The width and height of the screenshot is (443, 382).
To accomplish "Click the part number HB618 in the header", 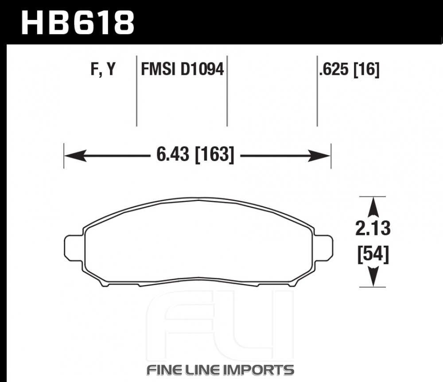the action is point(78,23).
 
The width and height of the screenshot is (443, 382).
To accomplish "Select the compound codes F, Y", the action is point(103,69).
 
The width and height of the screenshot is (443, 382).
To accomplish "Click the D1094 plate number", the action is point(202,69).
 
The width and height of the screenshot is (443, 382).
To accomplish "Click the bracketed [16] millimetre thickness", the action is point(366,69).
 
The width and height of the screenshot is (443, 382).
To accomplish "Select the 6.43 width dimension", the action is point(173,155).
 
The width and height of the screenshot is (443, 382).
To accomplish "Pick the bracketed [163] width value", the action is point(215,155).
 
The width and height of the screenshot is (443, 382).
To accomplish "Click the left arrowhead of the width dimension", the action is point(75,155).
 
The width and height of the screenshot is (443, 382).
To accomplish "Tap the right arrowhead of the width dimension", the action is point(319,155).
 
